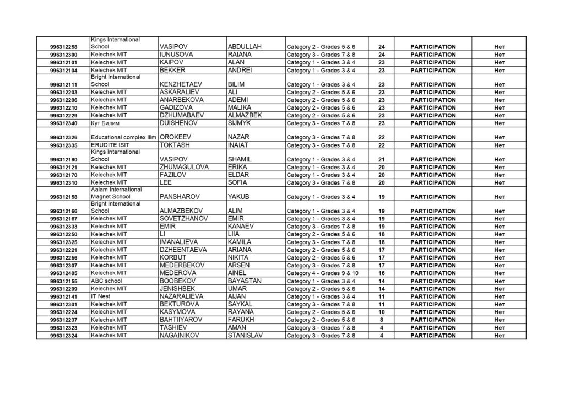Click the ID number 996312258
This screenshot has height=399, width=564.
[x=63, y=47]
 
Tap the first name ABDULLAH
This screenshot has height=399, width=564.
[x=245, y=47]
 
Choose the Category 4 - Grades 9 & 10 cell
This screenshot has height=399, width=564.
[x=323, y=273]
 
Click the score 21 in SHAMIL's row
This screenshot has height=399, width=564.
[x=381, y=160]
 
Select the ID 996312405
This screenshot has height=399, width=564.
[x=63, y=273]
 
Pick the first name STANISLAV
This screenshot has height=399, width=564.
[x=246, y=335]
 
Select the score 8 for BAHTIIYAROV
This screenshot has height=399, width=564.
[x=381, y=320]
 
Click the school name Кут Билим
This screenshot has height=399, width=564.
[x=105, y=123]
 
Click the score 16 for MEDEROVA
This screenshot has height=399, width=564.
[x=381, y=273]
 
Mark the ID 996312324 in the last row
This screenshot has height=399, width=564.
[x=63, y=335]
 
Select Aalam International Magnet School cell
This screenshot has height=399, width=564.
[x=116, y=193]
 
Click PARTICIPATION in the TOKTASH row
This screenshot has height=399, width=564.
[x=433, y=145]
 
